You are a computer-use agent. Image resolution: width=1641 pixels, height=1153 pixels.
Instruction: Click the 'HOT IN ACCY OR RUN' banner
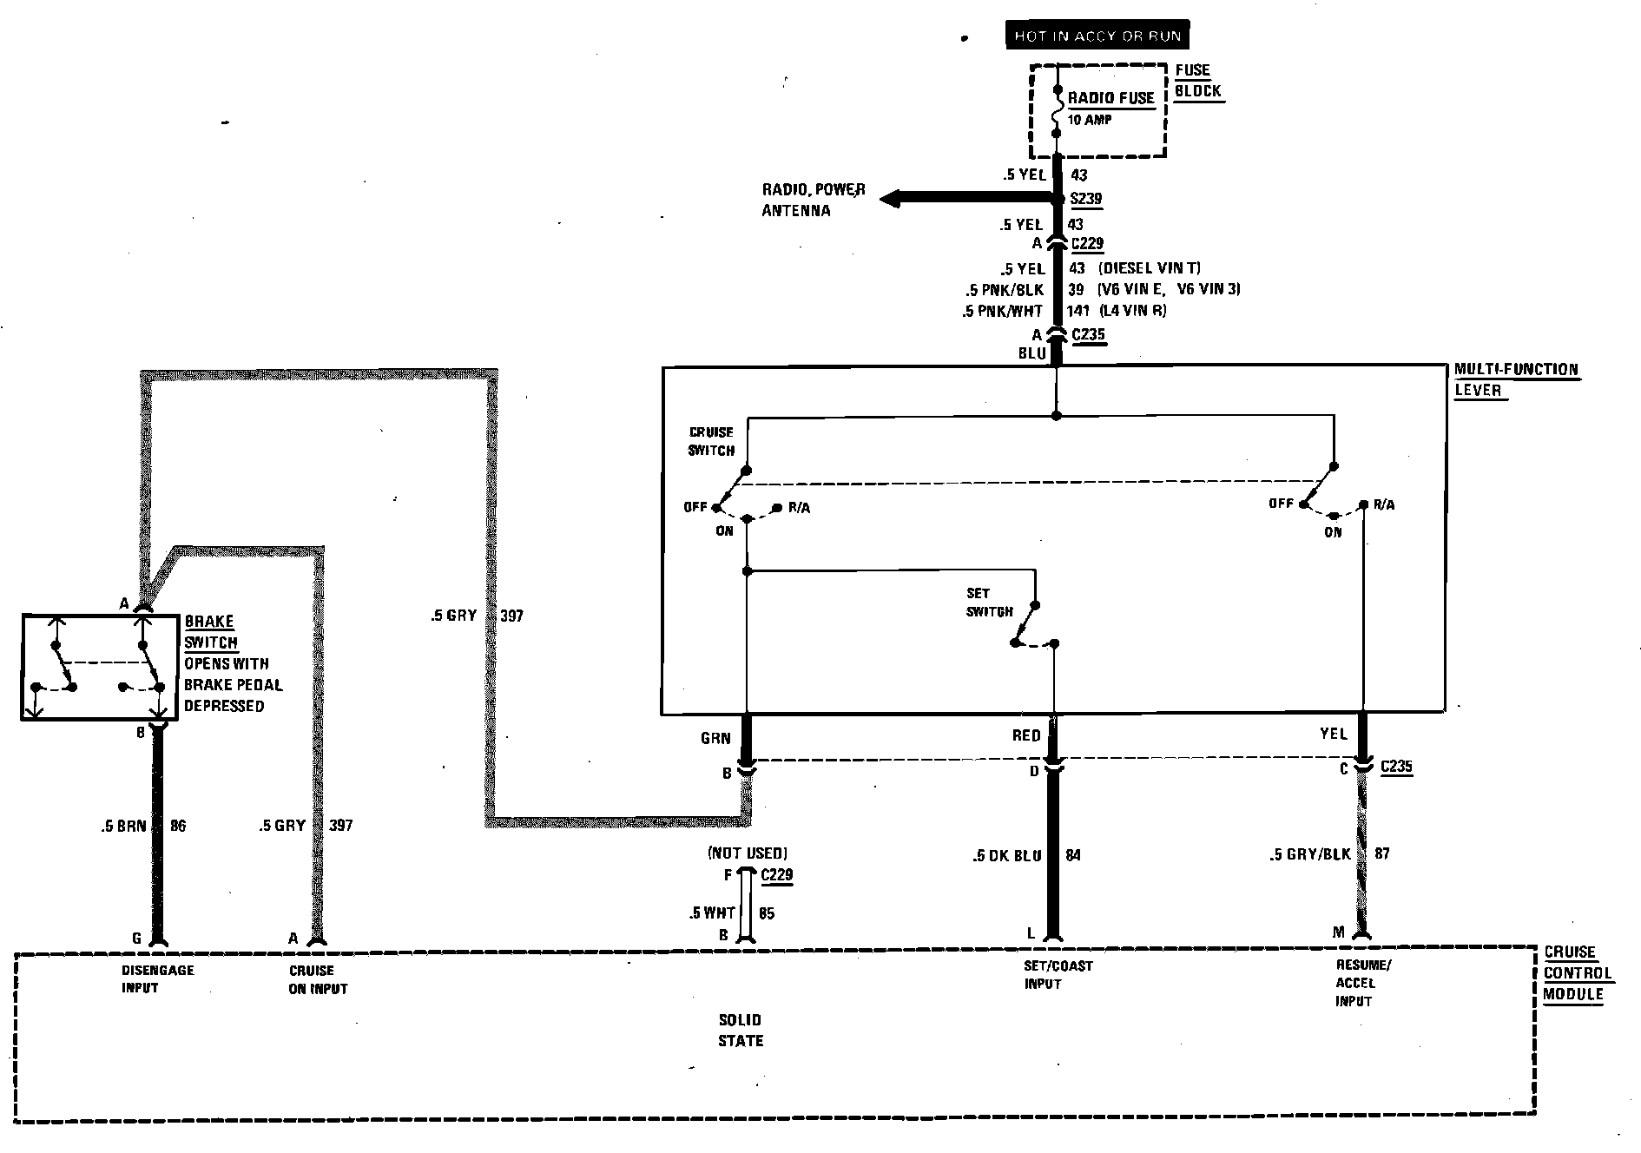pos(1097,36)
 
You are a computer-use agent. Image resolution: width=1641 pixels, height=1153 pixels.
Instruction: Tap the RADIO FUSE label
pos(1110,98)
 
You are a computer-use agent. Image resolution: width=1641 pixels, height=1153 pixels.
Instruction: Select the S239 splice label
pos(1086,199)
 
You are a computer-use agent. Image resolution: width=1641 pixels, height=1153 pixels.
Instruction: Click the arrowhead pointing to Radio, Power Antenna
pos(890,200)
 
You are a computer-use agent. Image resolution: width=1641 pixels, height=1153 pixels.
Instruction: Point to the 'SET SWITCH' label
pos(989,603)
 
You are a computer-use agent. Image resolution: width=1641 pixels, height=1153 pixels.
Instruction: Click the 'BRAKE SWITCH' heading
pos(210,632)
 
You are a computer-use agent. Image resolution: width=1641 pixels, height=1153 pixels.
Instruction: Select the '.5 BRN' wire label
pos(123,826)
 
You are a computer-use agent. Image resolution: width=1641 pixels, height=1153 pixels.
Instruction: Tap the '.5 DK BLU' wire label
pos(1006,855)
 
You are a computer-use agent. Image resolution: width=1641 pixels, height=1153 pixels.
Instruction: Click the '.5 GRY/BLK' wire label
pos(1309,854)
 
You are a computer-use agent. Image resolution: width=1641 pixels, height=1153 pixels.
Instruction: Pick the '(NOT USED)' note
pos(748,853)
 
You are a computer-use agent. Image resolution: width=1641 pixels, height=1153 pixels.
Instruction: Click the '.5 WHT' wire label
pos(712,913)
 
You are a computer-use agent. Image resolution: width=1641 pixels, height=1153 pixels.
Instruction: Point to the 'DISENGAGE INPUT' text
pos(157,978)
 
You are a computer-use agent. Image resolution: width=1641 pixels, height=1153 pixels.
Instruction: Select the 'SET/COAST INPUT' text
pos(1058,974)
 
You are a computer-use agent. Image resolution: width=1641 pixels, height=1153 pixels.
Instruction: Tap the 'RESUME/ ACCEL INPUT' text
pos(1362,983)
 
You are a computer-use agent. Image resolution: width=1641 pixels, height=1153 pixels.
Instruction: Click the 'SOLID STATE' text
pos(740,1030)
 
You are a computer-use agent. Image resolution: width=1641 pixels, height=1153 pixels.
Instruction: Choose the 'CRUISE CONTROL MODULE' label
pos(1576,973)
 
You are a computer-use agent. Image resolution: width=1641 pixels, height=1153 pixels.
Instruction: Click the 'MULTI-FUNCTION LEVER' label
pos(1515,379)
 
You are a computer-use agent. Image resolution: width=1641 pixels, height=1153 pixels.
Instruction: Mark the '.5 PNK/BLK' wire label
pos(1005,289)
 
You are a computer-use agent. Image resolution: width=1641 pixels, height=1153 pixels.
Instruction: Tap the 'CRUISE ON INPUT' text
pos(318,979)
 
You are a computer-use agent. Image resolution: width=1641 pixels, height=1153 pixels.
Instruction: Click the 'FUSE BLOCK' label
pos(1197,81)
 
